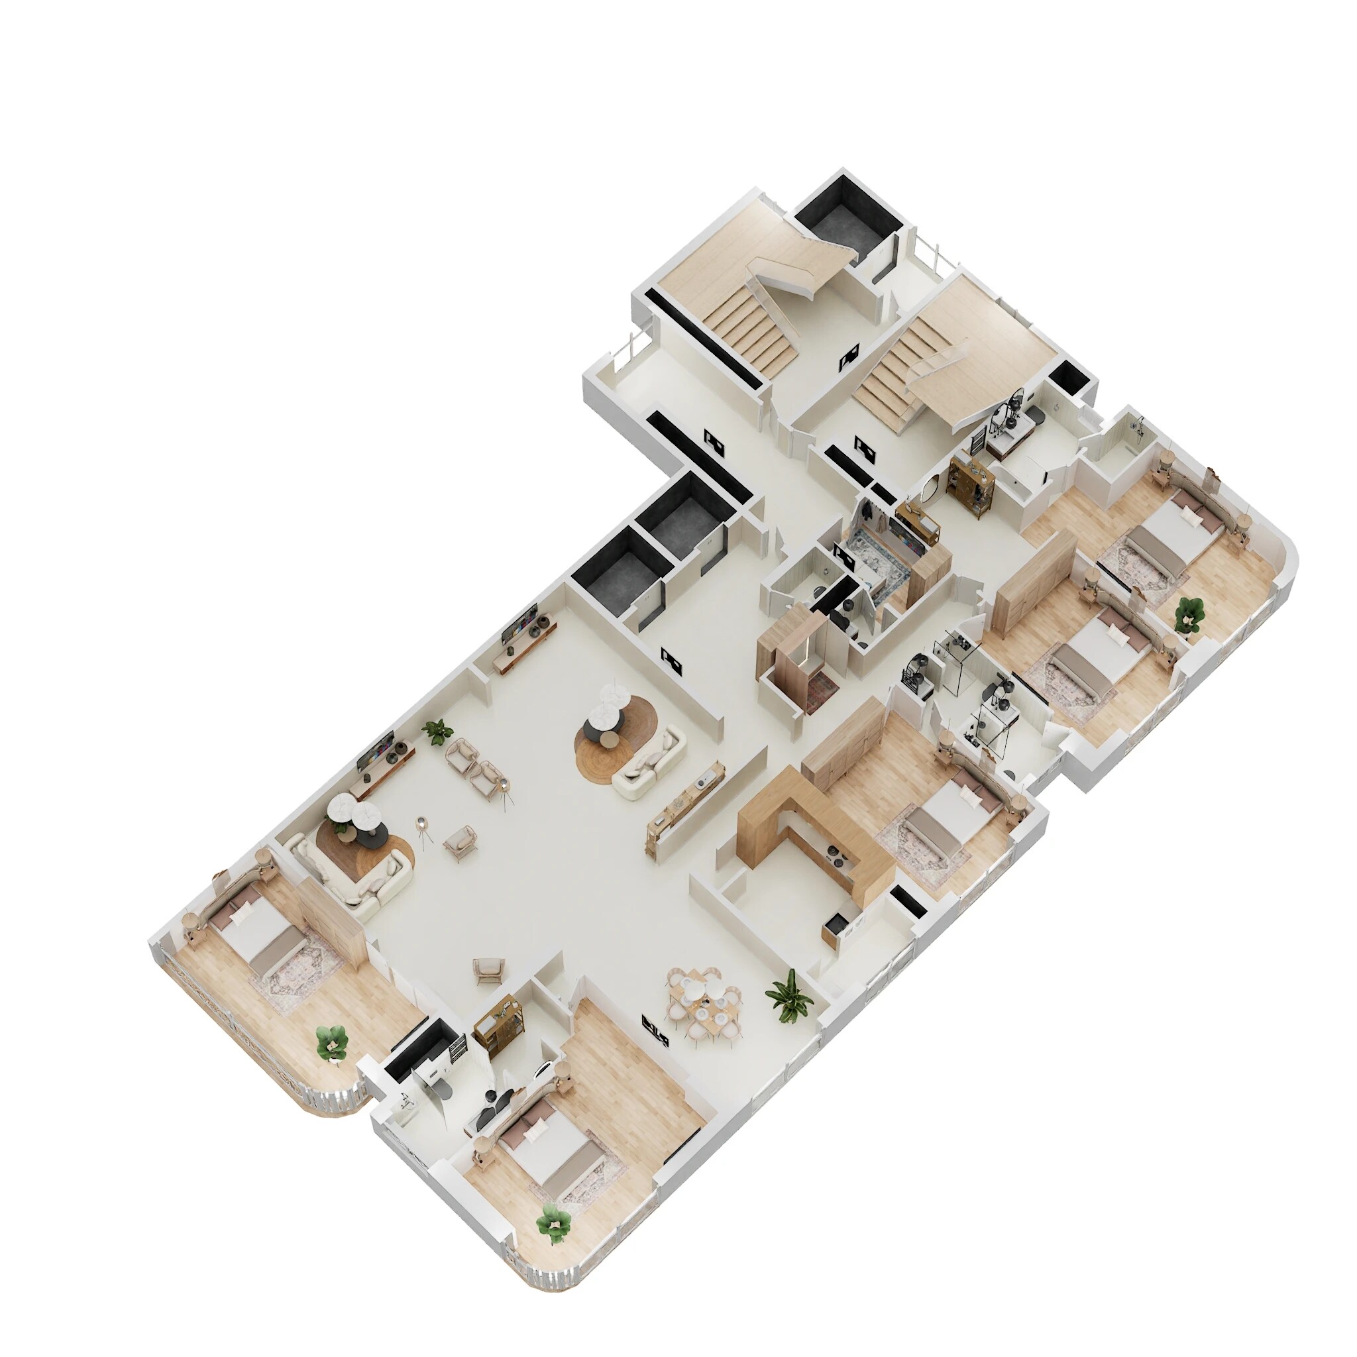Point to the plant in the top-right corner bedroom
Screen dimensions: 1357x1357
coord(1189,613)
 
